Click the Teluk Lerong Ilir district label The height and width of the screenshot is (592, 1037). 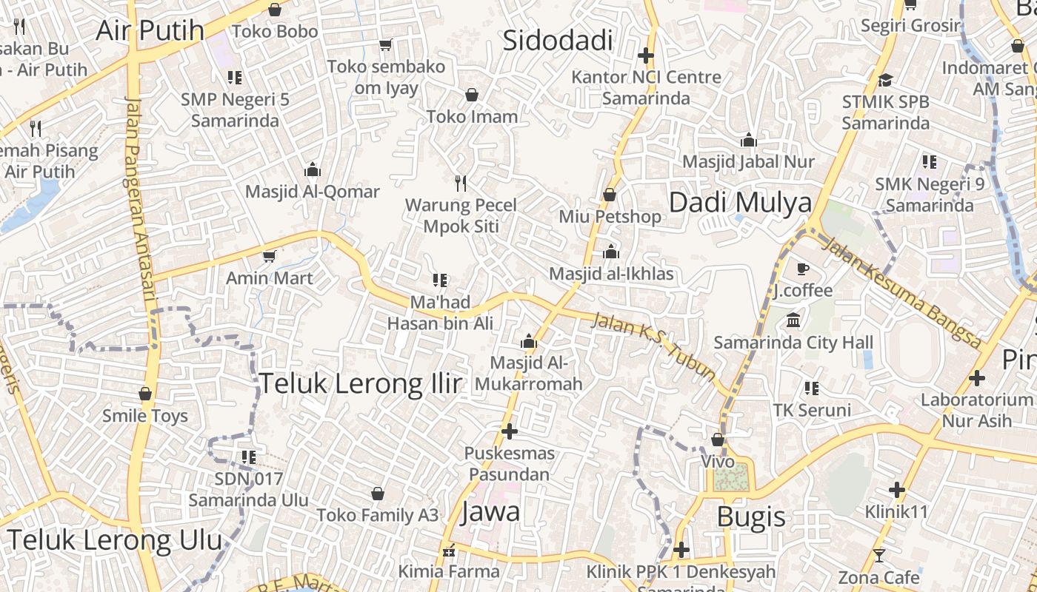[x=360, y=383]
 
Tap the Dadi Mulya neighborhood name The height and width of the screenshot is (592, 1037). [x=740, y=203]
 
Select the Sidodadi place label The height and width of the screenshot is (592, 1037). [x=558, y=41]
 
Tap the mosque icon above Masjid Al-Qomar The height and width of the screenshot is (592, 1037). [x=313, y=169]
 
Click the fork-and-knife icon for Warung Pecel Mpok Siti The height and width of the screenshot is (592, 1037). [x=461, y=183]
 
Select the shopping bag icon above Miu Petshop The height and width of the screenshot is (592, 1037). [x=610, y=195]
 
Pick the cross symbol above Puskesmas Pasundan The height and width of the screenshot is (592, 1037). [x=509, y=431]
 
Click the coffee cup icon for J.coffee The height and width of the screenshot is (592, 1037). [x=802, y=269]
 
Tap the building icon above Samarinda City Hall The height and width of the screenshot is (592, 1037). [x=793, y=320]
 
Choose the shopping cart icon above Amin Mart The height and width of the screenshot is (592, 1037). [x=269, y=256]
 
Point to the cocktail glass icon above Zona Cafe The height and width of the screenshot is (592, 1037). [x=878, y=555]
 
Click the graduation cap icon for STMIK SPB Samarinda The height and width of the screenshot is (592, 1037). [x=885, y=80]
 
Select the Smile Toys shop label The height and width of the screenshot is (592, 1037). [x=145, y=416]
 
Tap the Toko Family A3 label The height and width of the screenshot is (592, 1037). [x=378, y=515]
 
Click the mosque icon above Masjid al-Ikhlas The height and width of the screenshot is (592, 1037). [x=611, y=252]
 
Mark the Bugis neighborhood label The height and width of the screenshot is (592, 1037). [x=751, y=517]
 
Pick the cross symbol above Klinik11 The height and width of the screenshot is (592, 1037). [x=897, y=489]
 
